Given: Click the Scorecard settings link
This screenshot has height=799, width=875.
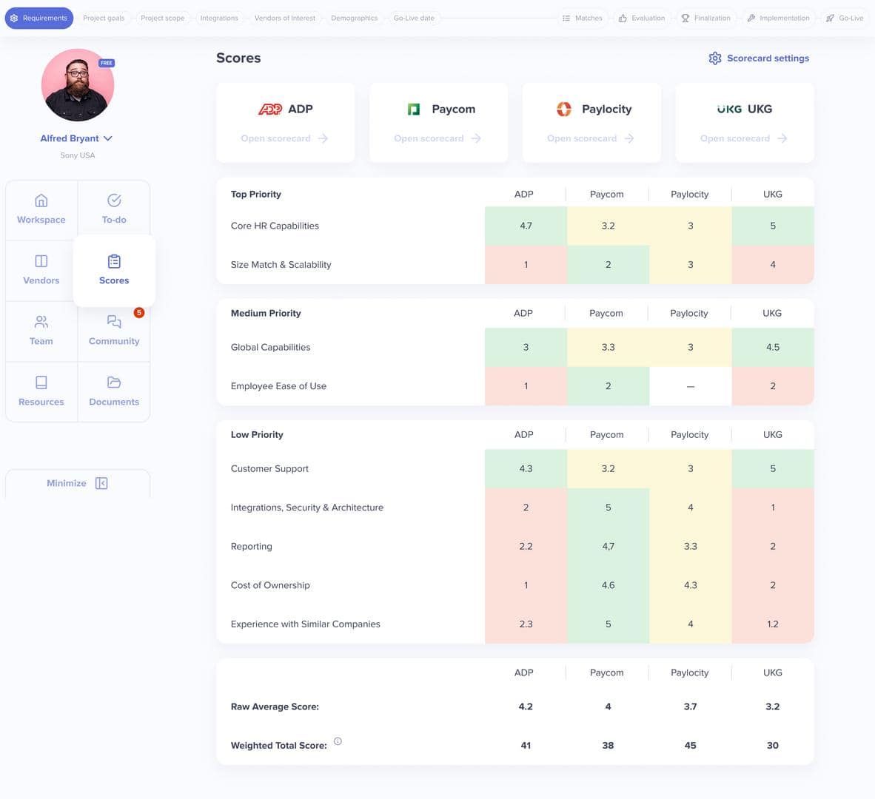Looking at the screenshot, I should coord(759,58).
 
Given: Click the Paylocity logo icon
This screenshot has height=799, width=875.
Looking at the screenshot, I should coord(564,109).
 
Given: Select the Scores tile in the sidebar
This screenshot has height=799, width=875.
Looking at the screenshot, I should coord(114,270).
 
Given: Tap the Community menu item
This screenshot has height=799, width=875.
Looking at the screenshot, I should coord(114,331).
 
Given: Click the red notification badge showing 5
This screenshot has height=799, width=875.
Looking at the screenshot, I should coord(138,313).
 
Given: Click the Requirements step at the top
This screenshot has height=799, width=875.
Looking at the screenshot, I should coord(38,18).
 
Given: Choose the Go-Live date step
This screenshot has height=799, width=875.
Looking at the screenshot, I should coord(414,18).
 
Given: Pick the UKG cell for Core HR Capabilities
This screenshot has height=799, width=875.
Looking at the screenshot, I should coord(772,226).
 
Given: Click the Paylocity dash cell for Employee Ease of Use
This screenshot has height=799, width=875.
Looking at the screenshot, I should coord(690,386).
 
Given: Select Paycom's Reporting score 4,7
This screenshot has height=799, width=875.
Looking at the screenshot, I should coord(608,547).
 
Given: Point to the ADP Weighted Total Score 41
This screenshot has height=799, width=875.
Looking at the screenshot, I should coord(526,746).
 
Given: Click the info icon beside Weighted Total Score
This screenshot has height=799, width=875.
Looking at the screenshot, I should coord(338,741).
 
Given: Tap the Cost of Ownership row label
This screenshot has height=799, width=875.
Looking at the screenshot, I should coord(270,585).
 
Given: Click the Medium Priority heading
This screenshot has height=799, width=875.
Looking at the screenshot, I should coord(266,314).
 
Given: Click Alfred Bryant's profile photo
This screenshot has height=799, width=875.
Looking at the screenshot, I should coord(78,85).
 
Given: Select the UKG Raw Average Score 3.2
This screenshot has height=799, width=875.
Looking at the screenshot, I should coord(772,707).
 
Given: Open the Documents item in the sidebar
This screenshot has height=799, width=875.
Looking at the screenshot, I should coord(114,391).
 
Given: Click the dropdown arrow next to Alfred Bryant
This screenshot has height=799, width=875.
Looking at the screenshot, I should coord(108,138).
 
